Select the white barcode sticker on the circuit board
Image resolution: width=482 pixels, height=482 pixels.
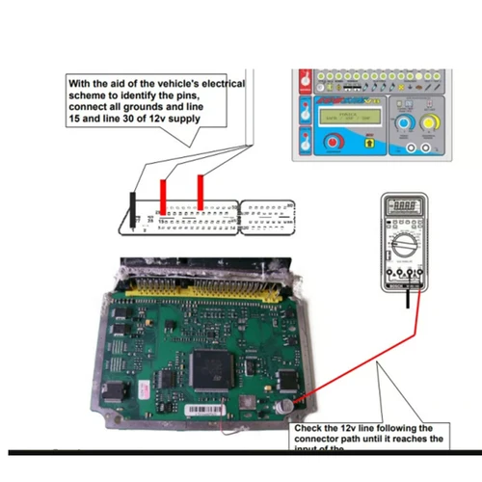(x=207, y=410)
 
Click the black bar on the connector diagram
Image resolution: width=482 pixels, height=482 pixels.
(x=132, y=211)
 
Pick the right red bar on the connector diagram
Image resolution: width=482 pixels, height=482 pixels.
(x=200, y=191)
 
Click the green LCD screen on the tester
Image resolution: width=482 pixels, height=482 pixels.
(x=339, y=120)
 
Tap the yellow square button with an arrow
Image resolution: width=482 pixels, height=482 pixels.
(x=370, y=143)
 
